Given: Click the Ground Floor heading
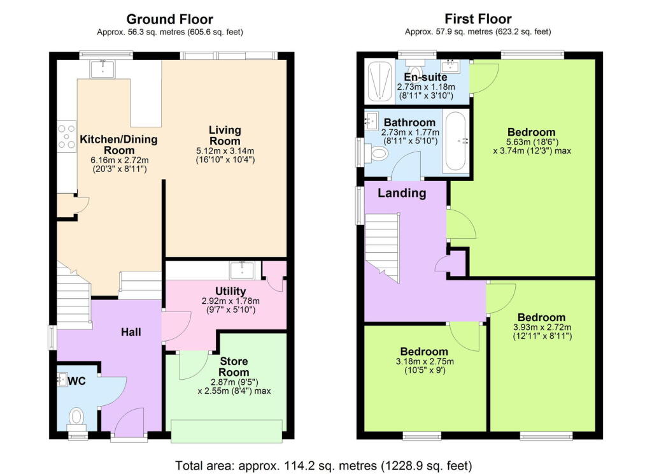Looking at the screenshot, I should pyautogui.click(x=169, y=19).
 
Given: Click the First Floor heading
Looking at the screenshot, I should pyautogui.click(x=478, y=19).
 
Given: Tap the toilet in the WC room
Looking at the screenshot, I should pyautogui.click(x=76, y=417).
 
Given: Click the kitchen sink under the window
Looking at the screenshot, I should pyautogui.click(x=102, y=69).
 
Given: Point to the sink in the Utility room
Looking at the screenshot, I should pyautogui.click(x=242, y=271).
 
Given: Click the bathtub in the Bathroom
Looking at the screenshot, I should pyautogui.click(x=455, y=141).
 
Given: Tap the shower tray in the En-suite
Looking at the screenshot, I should pyautogui.click(x=379, y=81).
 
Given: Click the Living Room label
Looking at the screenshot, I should pyautogui.click(x=225, y=136).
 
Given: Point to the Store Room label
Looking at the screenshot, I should pyautogui.click(x=234, y=366).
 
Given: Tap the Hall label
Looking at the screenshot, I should pyautogui.click(x=131, y=332).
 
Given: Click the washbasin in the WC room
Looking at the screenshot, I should pyautogui.click(x=63, y=380).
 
